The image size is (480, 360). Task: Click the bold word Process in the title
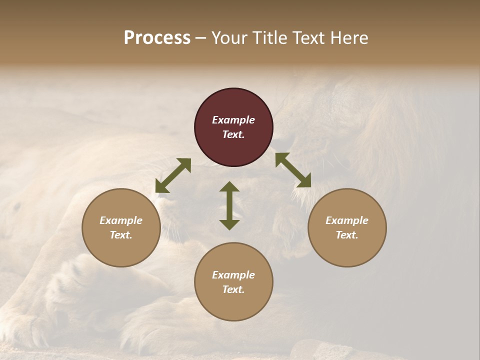point(157,38)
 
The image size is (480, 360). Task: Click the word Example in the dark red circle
point(233,120)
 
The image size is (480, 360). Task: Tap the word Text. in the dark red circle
point(233,134)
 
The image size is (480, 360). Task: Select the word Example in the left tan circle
point(121,220)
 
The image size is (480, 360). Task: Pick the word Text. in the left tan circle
point(121,235)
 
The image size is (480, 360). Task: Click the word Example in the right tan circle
point(347,220)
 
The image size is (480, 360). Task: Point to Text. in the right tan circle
point(347,235)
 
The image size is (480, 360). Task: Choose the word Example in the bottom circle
point(233,275)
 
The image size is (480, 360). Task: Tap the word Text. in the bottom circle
point(233,289)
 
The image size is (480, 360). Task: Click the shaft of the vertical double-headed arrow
point(229,205)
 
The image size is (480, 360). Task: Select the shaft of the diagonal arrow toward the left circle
point(173,175)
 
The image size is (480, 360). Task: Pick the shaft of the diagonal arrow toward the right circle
point(293,170)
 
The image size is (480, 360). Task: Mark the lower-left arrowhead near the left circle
point(161,187)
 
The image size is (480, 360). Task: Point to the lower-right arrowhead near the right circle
point(305,181)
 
